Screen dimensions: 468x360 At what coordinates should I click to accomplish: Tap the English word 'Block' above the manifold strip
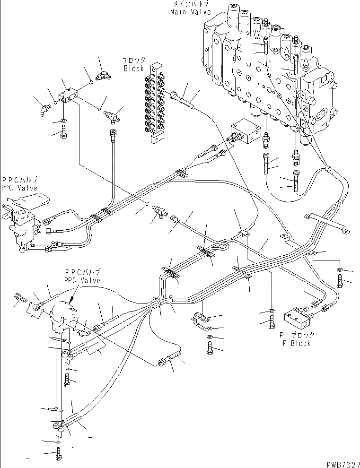tap(133, 68)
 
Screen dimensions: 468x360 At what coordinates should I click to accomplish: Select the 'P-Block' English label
tap(294, 343)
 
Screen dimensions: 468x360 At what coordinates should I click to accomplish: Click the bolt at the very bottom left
tap(58, 455)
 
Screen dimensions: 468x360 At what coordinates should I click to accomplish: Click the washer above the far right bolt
tap(341, 270)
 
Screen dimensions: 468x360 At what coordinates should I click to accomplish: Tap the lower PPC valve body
tap(61, 316)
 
